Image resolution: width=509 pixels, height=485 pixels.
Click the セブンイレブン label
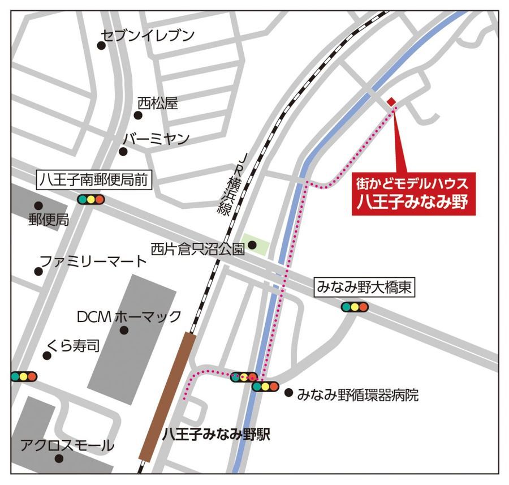pyautogui.click(x=147, y=36)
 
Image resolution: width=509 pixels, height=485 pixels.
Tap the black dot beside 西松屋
pyautogui.click(x=138, y=115)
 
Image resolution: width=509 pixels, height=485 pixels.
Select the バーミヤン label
pyautogui.click(x=156, y=139)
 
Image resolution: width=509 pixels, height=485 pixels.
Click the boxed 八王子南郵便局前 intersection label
pyautogui.click(x=94, y=181)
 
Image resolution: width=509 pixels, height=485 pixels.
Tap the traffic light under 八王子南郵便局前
pyautogui.click(x=92, y=199)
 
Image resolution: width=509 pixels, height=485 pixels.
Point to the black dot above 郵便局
pyautogui.click(x=38, y=206)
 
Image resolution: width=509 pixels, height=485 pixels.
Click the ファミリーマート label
pyautogui.click(x=92, y=262)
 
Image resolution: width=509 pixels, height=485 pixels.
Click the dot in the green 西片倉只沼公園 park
pyautogui.click(x=252, y=245)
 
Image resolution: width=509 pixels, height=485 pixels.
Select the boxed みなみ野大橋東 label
pyautogui.click(x=364, y=288)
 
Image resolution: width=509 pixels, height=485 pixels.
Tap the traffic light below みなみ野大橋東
pyautogui.click(x=355, y=307)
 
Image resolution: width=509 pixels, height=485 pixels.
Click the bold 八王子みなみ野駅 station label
pyautogui.click(x=215, y=435)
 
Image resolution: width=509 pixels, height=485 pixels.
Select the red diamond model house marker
pyautogui.click(x=391, y=102)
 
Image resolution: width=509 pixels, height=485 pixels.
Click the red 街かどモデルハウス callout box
pyautogui.click(x=413, y=193)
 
